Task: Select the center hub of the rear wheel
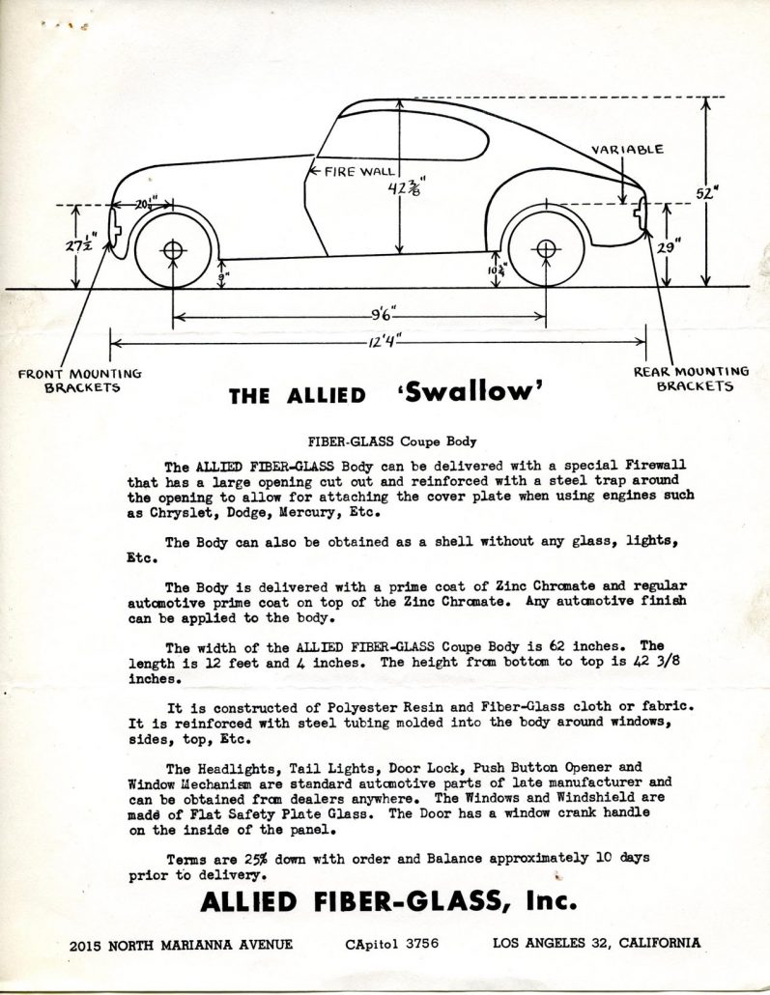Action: pos(546,250)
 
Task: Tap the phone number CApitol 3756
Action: pos(391,944)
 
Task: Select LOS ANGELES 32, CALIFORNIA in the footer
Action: pos(596,944)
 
